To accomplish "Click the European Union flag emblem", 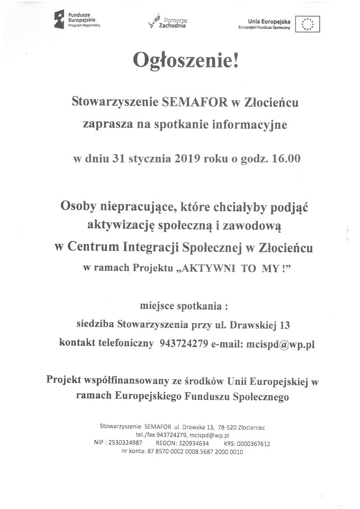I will point(307,23).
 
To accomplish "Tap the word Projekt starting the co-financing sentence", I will point(64,380).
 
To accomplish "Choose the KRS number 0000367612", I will point(253,444).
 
